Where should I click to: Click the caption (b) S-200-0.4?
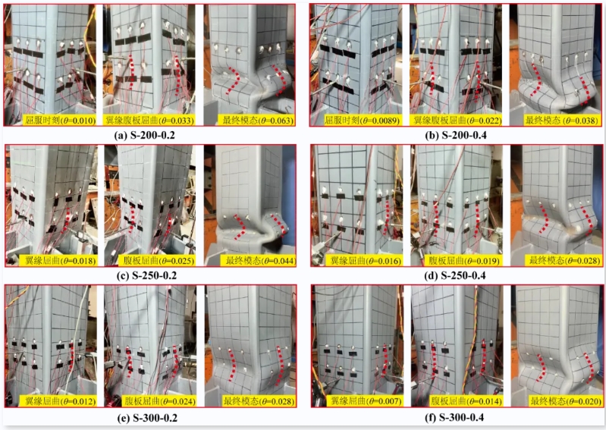click(x=456, y=136)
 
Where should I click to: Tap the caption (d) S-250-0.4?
click(x=455, y=276)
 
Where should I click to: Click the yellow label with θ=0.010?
click(x=59, y=120)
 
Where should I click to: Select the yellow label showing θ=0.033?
click(x=149, y=120)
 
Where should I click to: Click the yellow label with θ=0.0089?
click(x=361, y=120)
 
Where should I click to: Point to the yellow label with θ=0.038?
click(x=561, y=120)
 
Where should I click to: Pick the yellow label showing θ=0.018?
click(x=60, y=260)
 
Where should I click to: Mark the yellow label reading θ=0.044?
click(x=260, y=260)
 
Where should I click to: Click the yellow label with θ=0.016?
click(x=365, y=261)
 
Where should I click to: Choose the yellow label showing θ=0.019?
click(x=464, y=261)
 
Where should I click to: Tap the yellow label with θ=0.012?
click(x=60, y=401)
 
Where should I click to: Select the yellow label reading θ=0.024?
click(x=159, y=401)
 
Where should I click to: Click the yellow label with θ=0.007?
click(x=364, y=401)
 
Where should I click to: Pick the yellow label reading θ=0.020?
click(x=565, y=401)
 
